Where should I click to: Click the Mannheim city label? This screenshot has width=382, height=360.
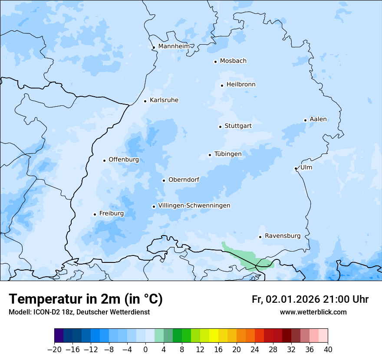[x=174, y=46]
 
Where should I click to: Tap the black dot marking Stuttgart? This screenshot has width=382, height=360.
[x=220, y=127]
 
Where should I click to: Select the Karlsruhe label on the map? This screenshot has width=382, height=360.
[x=164, y=100]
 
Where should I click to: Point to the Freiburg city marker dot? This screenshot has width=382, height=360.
[x=95, y=214]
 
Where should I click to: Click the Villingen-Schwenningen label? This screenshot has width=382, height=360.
[x=194, y=206]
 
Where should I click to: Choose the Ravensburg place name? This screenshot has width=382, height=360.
[x=282, y=236]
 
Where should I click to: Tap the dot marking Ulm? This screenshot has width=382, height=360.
[x=296, y=168]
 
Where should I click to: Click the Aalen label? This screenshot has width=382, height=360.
[x=318, y=119]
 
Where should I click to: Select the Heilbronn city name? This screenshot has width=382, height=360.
[x=241, y=85]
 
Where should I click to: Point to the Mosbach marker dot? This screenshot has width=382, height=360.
[x=215, y=62]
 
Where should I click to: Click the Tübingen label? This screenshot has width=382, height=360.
[x=227, y=154]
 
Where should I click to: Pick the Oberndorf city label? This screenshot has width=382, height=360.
[x=184, y=180]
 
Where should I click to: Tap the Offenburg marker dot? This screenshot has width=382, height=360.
[x=104, y=160]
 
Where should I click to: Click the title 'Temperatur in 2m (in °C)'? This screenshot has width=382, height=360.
[x=86, y=299]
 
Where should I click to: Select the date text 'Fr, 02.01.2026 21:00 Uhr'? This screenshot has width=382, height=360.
[x=310, y=300]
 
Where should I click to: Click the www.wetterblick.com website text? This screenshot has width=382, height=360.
[x=313, y=312]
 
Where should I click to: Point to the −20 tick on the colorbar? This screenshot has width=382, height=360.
[x=55, y=350]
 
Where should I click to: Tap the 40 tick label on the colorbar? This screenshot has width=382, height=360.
[x=328, y=350]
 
